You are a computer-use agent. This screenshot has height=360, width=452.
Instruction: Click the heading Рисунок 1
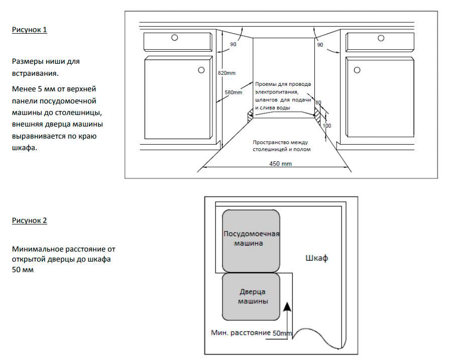coord(30,30)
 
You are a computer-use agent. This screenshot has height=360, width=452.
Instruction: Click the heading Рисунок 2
coord(30,220)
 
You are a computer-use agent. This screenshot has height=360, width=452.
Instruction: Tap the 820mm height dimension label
coord(227,73)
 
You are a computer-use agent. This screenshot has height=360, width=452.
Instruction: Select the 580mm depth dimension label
coord(234,92)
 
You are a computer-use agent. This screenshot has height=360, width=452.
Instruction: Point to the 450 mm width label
coord(280,164)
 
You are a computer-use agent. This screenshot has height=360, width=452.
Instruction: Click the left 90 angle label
coord(233,45)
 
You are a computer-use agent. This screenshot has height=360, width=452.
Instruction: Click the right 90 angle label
coord(320,45)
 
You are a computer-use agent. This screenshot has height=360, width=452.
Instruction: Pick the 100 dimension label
coord(327,125)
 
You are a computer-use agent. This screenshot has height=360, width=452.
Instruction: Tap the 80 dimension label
coord(318,103)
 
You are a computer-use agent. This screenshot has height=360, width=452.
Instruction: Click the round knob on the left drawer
coord(174,38)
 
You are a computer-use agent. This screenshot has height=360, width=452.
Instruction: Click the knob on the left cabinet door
coord(200,70)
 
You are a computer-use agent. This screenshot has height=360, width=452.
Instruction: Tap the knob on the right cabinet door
coord(357,70)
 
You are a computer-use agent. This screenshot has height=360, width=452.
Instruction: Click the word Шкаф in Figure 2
coord(316,259)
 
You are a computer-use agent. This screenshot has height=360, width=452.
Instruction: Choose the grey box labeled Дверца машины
coord(251,296)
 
